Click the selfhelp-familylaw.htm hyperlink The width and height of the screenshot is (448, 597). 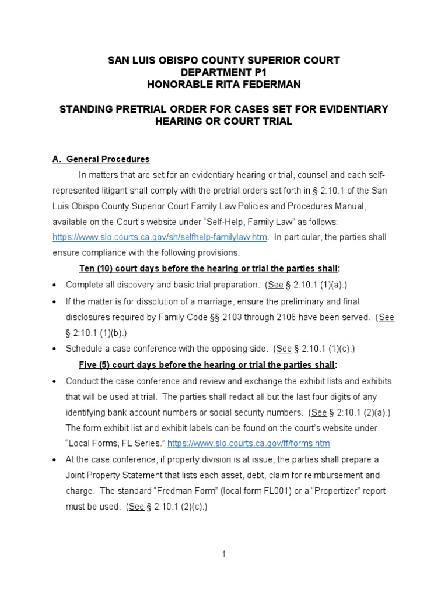coord(160,237)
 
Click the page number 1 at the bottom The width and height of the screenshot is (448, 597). coord(223,554)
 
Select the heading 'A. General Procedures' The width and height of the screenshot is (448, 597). coord(101,159)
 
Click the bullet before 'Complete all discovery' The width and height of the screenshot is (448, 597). coord(54,285)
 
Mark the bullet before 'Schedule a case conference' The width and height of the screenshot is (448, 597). coord(54,349)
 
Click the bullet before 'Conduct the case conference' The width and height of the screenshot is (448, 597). coord(54,381)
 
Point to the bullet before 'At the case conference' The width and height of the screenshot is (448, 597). coord(54,460)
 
